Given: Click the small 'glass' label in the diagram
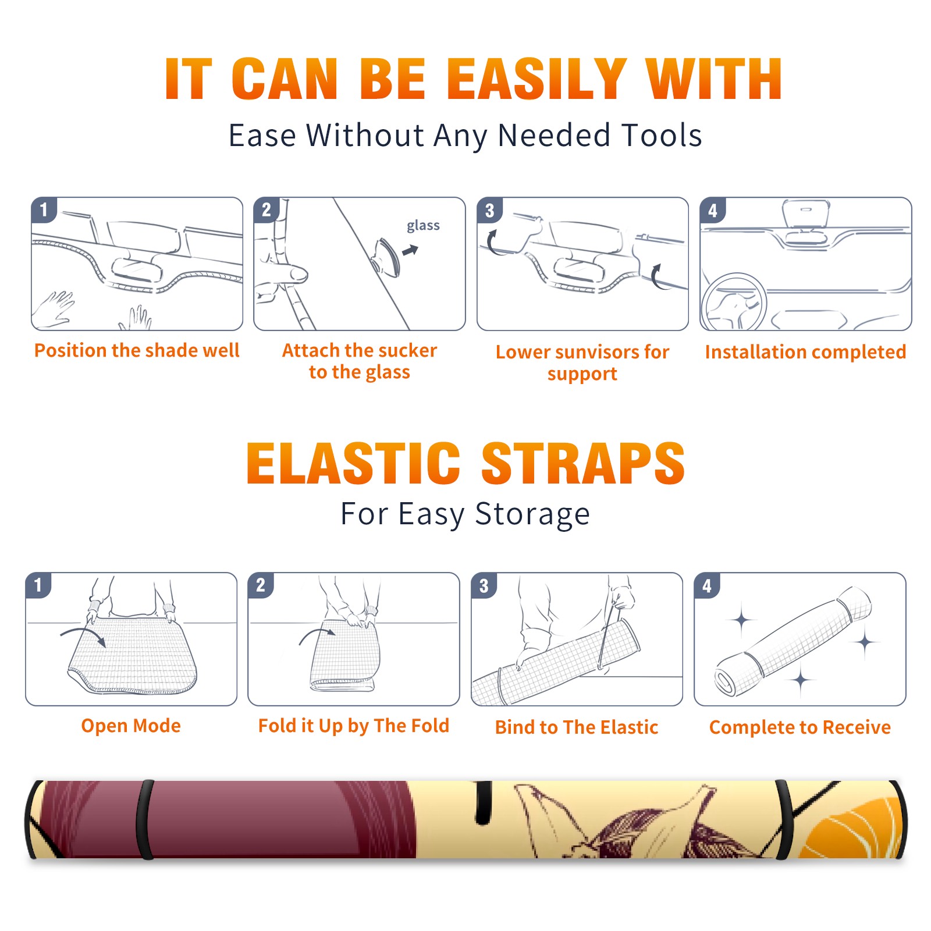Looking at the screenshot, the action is coord(423,226).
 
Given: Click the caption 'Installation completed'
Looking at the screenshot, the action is coord(805,351).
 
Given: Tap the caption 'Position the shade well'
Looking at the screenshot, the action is coord(137,350).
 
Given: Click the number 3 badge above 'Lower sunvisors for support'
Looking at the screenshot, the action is coord(490,210).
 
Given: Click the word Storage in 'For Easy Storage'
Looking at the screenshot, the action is coord(532,514).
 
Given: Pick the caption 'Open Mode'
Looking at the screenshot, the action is coord(131,726).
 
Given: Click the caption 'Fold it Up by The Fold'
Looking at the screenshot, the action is coord(354,726).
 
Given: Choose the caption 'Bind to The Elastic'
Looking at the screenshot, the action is coord(577,727).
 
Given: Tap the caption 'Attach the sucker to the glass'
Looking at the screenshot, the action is coord(360,361).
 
